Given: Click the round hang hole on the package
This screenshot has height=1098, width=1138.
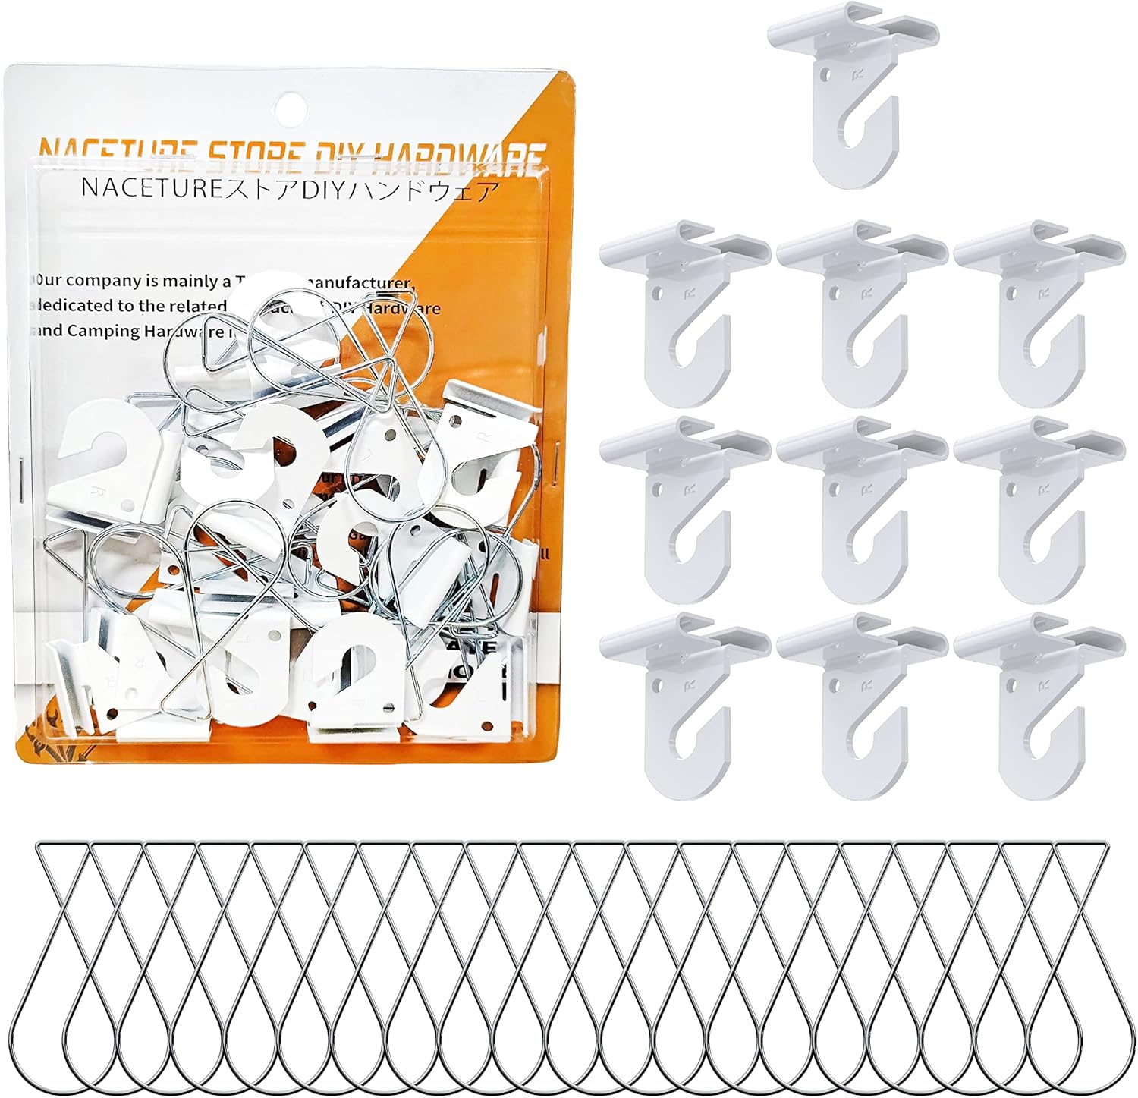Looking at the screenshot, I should [287, 102].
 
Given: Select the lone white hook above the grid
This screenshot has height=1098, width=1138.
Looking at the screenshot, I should [853, 91].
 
